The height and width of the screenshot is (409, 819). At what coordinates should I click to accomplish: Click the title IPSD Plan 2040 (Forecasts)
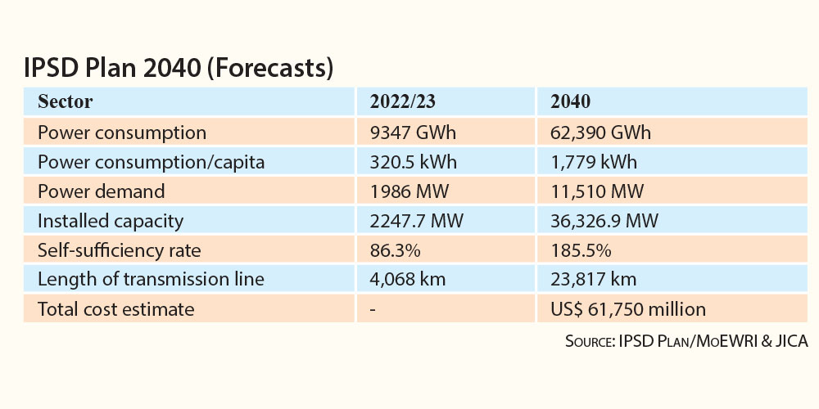tap(178, 69)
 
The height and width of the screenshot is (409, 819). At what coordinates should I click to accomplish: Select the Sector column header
tap(65, 101)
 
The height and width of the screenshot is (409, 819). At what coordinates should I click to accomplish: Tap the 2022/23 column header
tap(402, 101)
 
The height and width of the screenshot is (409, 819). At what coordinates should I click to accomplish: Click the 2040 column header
tap(570, 101)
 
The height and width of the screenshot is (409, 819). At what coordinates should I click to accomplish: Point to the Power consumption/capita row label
tap(151, 162)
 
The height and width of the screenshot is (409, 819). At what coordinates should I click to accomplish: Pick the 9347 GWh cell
tap(413, 133)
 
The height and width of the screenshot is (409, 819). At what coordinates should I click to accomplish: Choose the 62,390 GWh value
tap(600, 133)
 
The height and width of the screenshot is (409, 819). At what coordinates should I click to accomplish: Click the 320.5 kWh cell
tap(413, 162)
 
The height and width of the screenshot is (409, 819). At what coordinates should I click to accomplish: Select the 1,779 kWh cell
tap(594, 162)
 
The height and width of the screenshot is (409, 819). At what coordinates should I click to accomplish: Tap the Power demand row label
tap(101, 191)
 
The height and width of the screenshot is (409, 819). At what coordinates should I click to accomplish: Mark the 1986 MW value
tap(409, 191)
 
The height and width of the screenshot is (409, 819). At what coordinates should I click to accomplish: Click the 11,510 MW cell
tap(597, 191)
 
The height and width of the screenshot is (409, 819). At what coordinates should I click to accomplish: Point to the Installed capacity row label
tap(111, 221)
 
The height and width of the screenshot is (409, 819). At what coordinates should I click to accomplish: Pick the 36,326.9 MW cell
tap(604, 221)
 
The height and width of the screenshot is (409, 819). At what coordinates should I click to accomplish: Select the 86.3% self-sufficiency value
tap(395, 250)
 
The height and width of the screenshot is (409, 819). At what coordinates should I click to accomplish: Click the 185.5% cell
tap(581, 250)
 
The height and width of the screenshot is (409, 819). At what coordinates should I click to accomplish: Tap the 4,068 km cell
tap(407, 280)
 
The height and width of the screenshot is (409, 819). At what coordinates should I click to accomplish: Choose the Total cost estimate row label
tap(116, 309)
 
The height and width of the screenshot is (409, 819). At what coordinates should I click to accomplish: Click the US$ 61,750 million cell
tap(628, 309)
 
